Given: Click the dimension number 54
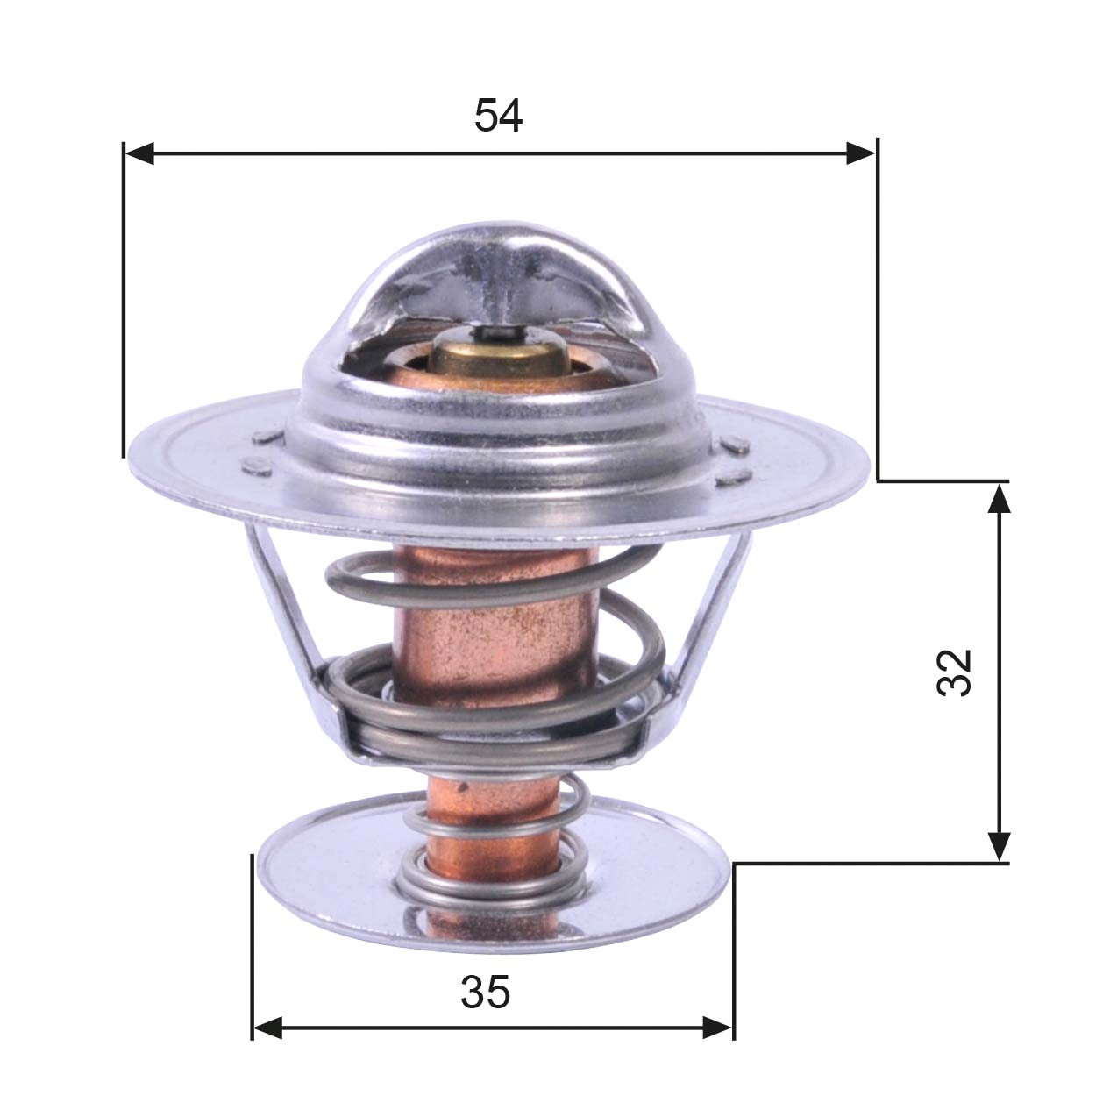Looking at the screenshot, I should pos(498,116).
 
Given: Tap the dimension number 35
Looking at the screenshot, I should pos(485,993).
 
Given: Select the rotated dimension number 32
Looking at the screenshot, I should pos(955,672).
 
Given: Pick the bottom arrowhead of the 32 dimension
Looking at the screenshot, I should pos(999,847).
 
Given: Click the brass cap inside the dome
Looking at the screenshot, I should pos(496,360).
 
